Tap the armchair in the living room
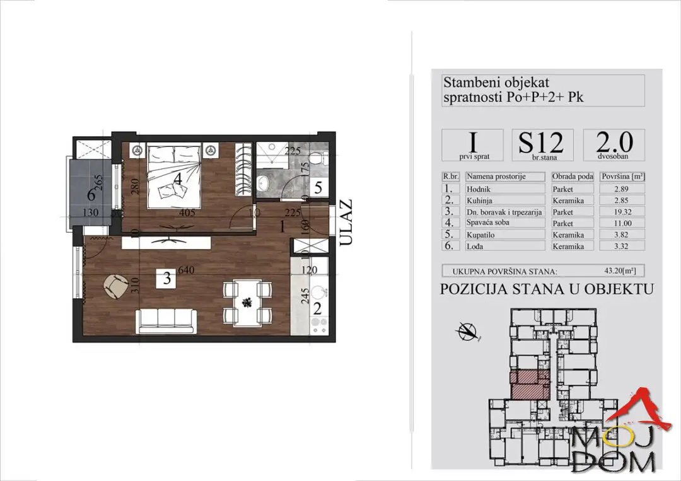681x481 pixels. point(115,287)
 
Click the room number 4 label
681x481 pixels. point(178,179)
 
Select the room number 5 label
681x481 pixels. point(318,187)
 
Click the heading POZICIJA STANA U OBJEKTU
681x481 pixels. point(546,289)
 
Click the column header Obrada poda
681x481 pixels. point(571,177)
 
